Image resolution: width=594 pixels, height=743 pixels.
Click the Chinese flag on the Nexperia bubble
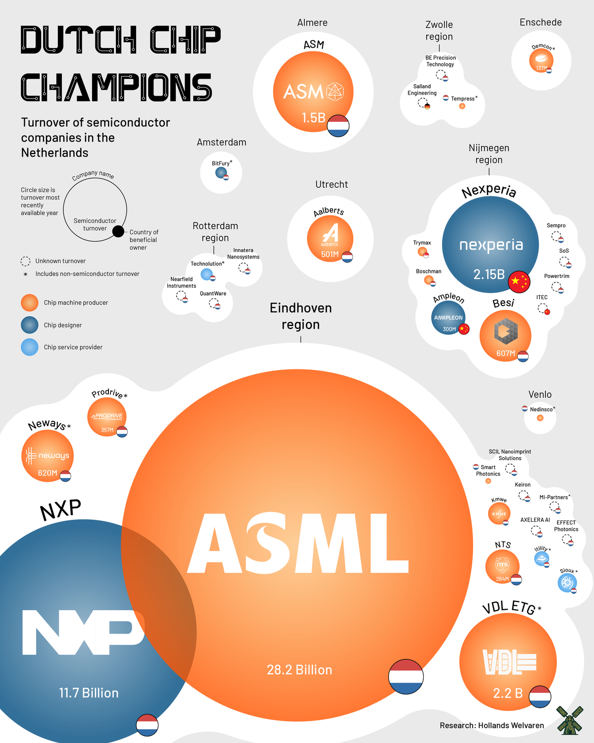(x=519, y=282)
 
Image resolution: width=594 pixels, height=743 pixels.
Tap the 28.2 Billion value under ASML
(x=299, y=670)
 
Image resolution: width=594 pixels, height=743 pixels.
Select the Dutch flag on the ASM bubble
(x=338, y=125)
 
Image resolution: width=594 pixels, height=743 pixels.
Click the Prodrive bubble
(x=107, y=417)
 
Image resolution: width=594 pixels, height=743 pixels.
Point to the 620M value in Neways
(x=48, y=473)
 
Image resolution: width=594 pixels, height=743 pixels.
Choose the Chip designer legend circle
(x=30, y=325)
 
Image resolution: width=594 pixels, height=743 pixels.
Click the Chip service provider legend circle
(x=30, y=347)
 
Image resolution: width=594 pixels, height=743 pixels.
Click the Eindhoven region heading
(x=300, y=316)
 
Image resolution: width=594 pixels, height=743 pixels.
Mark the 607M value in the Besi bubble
(x=505, y=354)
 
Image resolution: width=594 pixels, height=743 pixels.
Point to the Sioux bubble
(x=567, y=583)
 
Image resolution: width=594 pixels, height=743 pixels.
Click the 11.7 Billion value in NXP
(x=89, y=693)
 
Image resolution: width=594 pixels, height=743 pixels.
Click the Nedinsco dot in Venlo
(x=540, y=418)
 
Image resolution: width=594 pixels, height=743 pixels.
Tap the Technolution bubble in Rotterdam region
(x=207, y=274)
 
